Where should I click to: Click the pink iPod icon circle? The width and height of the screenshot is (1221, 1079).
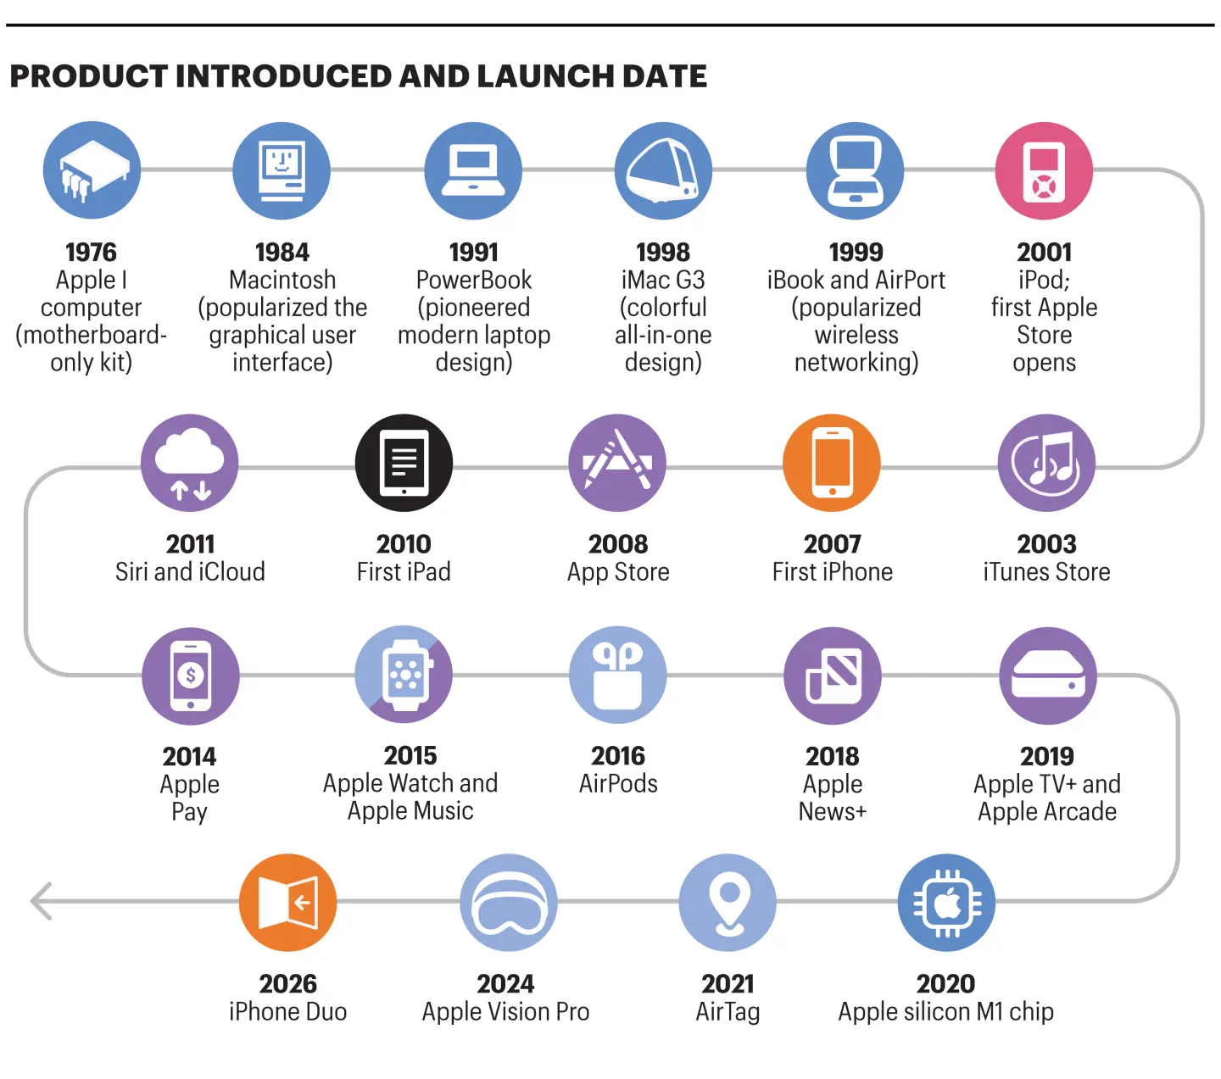pos(1043,170)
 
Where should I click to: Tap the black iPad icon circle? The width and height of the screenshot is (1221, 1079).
pos(404,463)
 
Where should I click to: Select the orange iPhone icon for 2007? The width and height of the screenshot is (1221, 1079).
pos(832,463)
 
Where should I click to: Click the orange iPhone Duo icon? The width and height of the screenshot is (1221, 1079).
pos(288,903)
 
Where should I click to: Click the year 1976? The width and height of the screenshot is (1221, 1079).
pos(91,253)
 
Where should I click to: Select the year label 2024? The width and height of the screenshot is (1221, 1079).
pos(505,984)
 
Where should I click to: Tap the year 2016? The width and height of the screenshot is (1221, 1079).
pos(618,757)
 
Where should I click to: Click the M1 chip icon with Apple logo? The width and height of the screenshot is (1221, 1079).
pos(947,903)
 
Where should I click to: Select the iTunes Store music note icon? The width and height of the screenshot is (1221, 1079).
pos(1047,460)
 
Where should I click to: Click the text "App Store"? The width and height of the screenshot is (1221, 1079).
pos(618,572)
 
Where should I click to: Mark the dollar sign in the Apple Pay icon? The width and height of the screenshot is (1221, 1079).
pos(191,676)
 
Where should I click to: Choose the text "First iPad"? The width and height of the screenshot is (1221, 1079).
pos(404,572)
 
